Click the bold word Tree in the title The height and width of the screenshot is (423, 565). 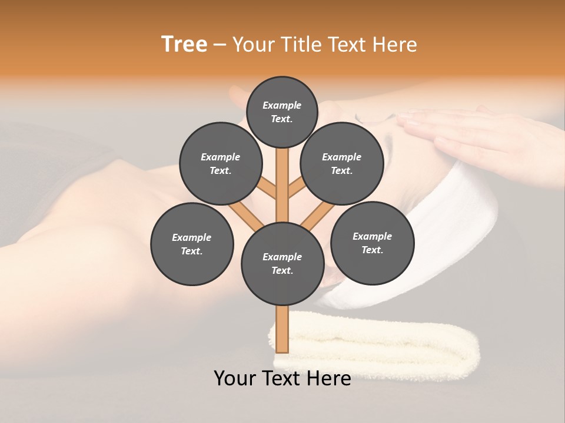tap(184, 44)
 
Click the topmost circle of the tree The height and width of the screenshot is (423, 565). tap(282, 112)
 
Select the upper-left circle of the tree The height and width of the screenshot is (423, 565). tap(220, 163)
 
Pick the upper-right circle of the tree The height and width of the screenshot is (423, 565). tap(341, 163)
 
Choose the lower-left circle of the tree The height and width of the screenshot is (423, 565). tap(192, 244)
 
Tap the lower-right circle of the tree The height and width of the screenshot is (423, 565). tap(372, 243)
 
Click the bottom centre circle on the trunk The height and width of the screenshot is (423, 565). tap(282, 263)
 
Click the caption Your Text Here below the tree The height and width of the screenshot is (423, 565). tap(282, 378)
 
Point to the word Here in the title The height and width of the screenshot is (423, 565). tap(395, 44)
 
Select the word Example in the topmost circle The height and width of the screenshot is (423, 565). tap(282, 105)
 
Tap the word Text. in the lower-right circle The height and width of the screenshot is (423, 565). tap(372, 250)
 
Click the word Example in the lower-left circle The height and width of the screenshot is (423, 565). tap(192, 237)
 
